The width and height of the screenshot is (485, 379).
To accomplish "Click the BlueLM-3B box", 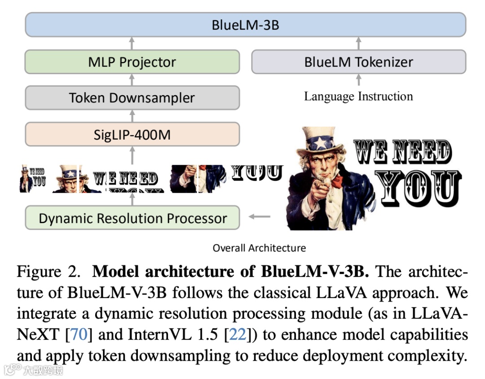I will coord(245,25).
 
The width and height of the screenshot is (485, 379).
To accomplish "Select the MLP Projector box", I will coord(132,62).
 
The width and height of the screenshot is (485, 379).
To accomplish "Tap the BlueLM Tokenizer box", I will coord(358,62).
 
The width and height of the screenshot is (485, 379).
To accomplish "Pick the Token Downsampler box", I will coord(132,98).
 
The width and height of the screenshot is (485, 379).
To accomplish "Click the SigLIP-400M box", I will coord(132,134).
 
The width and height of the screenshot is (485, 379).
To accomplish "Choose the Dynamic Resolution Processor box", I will coord(132,218).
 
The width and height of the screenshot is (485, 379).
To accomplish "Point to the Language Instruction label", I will coord(358,97).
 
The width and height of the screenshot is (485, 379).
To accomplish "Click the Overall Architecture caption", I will coord(259,248).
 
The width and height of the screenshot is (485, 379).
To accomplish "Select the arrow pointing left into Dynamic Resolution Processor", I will coord(260,217).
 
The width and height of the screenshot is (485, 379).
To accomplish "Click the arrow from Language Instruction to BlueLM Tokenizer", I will coord(358,80).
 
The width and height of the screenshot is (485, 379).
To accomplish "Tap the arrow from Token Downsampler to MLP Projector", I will coord(132,80).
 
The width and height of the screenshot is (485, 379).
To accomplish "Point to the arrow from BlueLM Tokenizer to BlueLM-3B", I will coord(358,44).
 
